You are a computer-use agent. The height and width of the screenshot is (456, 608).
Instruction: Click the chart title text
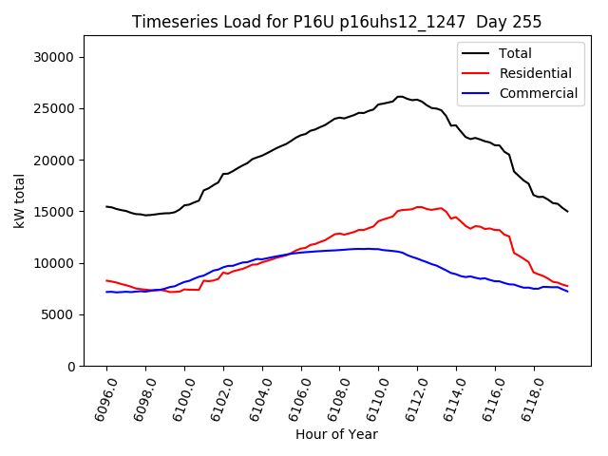pyautogui.click(x=336, y=22)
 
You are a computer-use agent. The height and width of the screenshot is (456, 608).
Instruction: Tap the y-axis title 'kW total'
pyautogui.click(x=19, y=200)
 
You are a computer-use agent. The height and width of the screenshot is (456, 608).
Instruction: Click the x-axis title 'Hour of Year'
pyautogui.click(x=336, y=434)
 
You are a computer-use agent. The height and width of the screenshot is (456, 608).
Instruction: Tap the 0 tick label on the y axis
pyautogui.click(x=72, y=366)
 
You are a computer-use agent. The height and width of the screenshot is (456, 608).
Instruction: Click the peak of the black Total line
pyautogui.click(x=400, y=96)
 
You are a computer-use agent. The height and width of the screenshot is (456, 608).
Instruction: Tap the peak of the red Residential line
pyautogui.click(x=418, y=206)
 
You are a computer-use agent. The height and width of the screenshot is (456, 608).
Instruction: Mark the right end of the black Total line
pyautogui.click(x=567, y=211)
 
